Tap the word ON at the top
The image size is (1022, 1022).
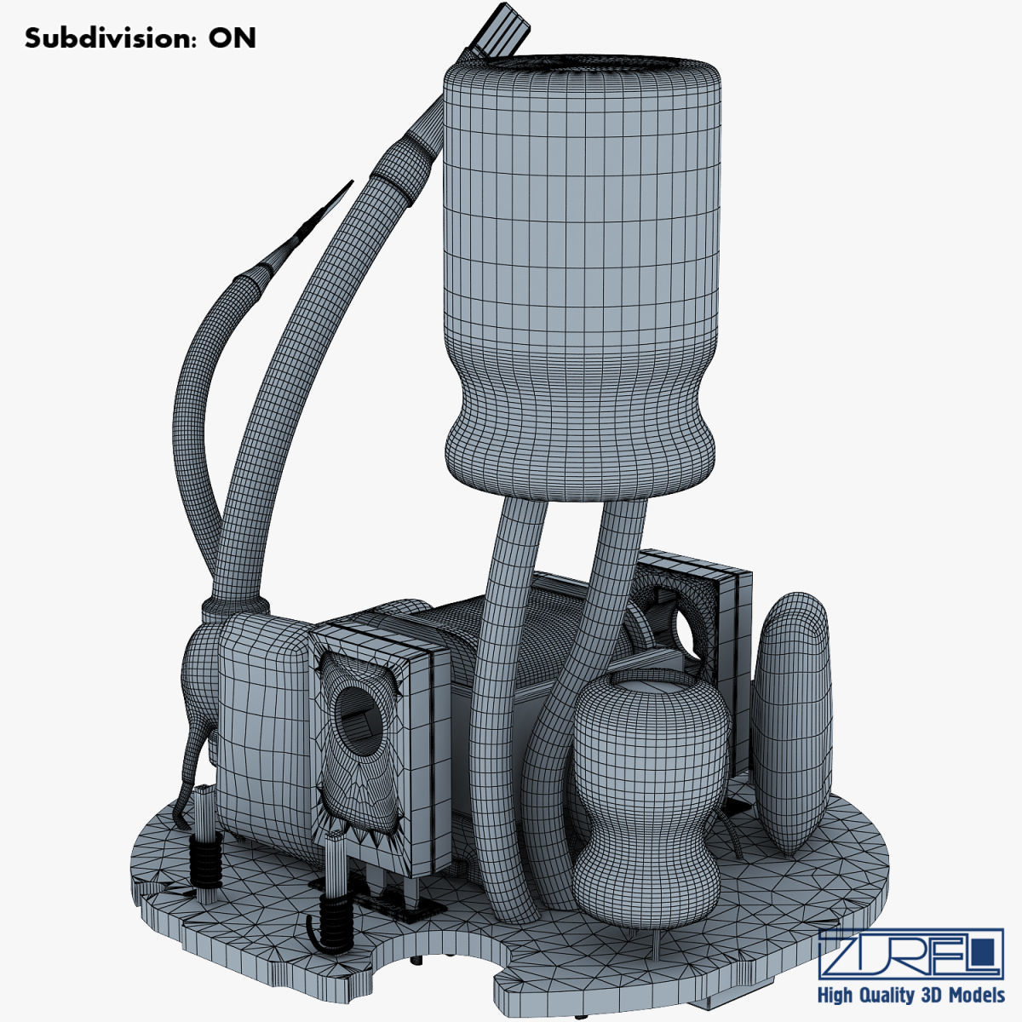tap(232, 38)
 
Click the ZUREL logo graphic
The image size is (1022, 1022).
tap(910, 955)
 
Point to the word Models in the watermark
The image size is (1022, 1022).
tap(977, 996)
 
